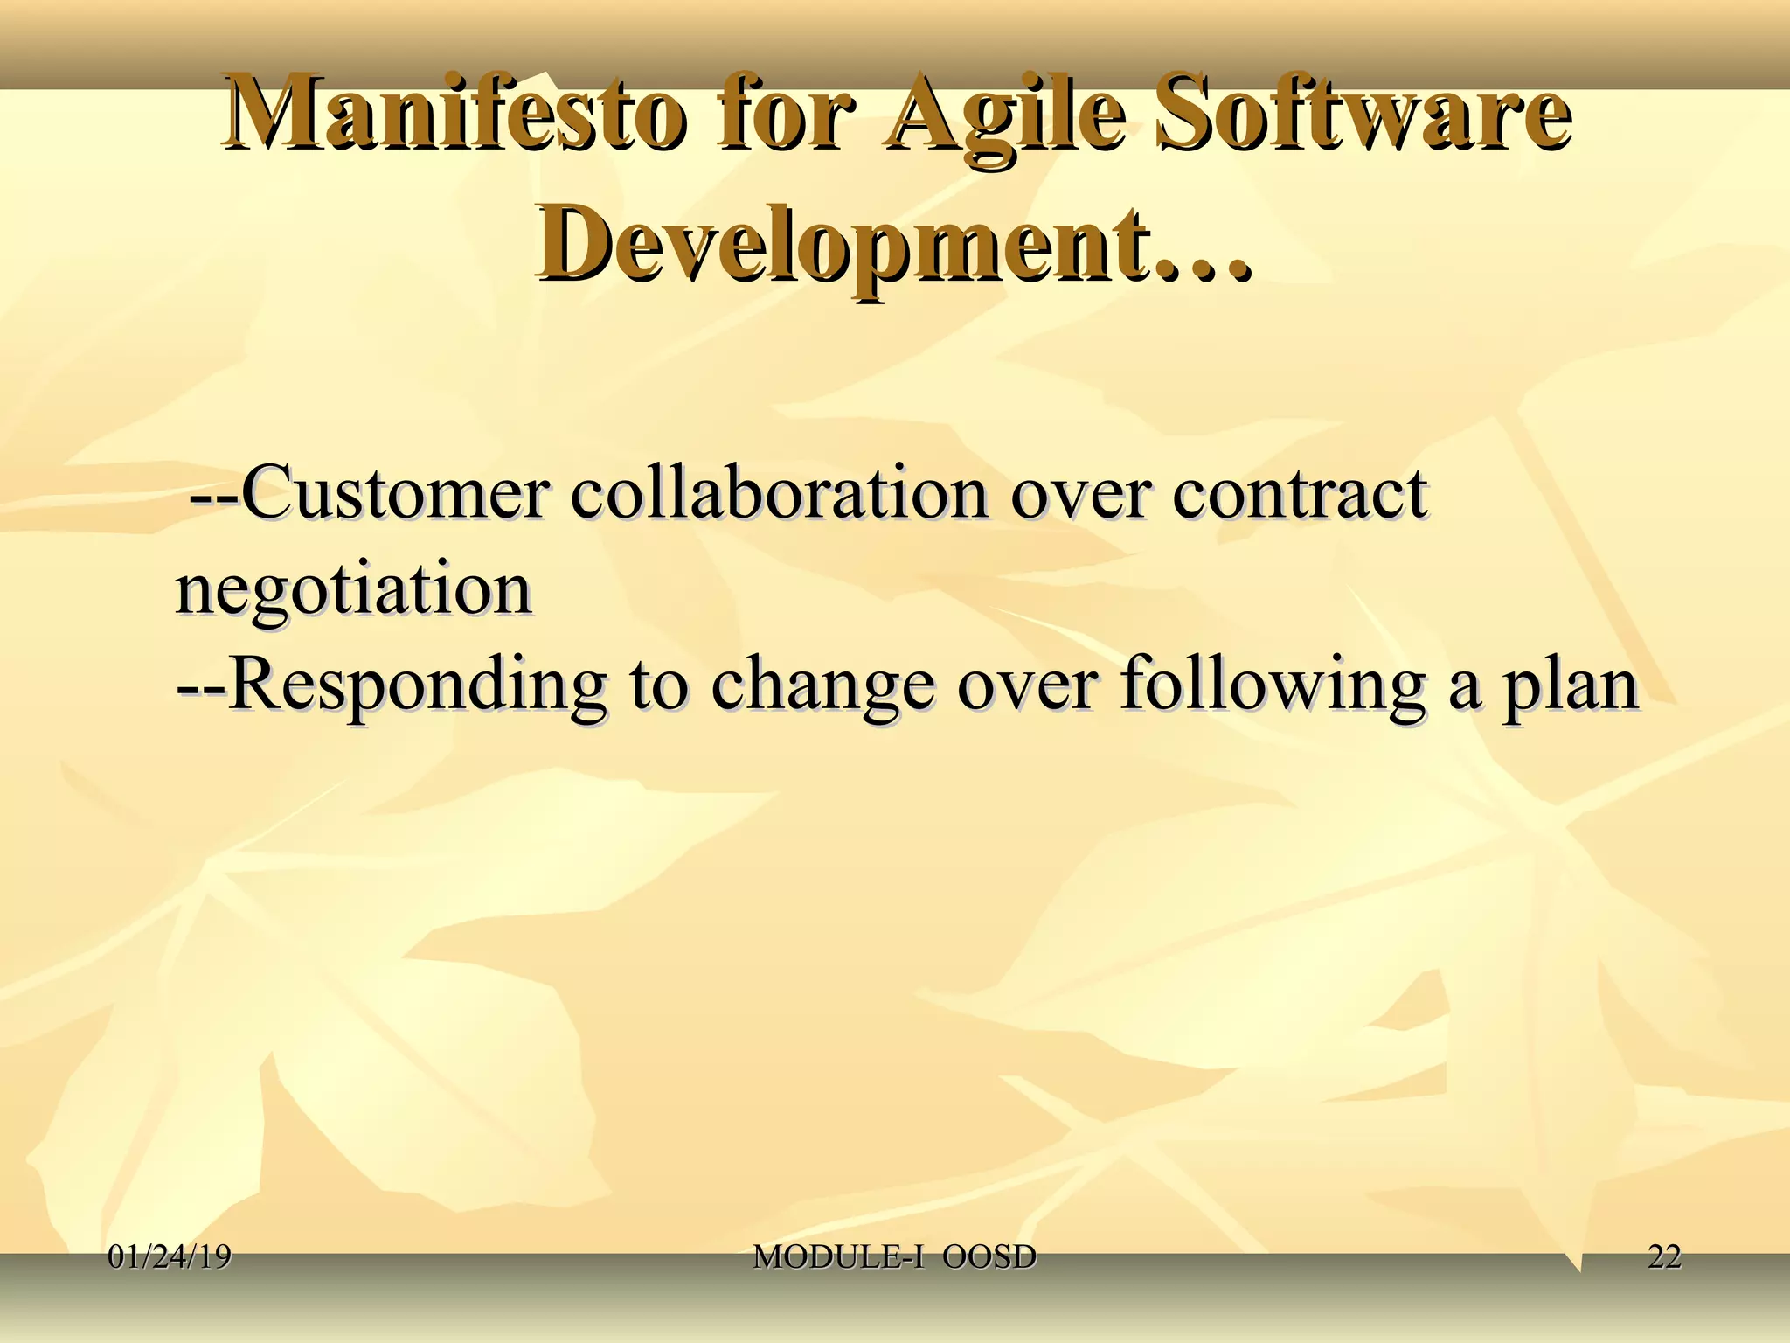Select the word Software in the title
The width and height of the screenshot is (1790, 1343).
(x=1360, y=118)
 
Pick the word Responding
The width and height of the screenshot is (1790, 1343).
(x=416, y=686)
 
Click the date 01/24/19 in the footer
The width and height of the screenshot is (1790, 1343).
(x=170, y=1258)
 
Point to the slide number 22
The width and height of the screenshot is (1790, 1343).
(x=1664, y=1258)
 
